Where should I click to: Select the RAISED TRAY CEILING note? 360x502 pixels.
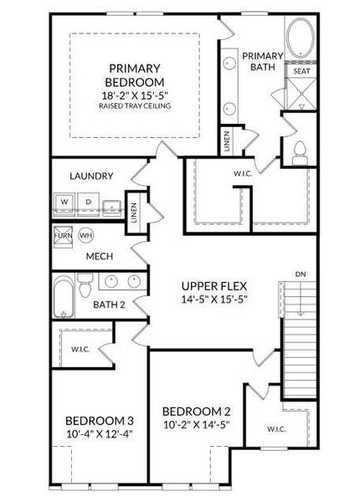(134, 107)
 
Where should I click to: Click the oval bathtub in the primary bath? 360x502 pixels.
(300, 41)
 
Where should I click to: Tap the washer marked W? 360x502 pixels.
(64, 202)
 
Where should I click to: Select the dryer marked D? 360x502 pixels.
(88, 202)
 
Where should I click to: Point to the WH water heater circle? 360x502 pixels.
(85, 236)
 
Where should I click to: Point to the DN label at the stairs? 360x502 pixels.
(300, 274)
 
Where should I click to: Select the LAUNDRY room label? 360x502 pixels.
(92, 177)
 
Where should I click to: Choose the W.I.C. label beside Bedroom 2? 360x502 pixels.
(278, 429)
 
